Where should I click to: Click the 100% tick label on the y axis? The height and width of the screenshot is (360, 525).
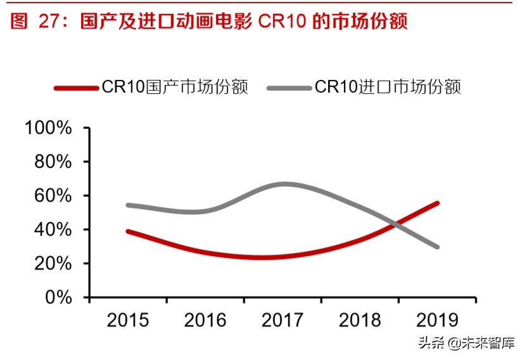[x=49, y=128]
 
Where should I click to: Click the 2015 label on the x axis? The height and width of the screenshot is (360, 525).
[x=128, y=320]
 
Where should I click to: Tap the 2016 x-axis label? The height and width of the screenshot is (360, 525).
[x=205, y=320]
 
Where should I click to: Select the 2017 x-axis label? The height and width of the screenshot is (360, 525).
[x=282, y=320]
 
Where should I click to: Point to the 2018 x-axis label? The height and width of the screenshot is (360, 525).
[x=360, y=320]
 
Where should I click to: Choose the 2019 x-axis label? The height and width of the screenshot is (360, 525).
[x=437, y=320]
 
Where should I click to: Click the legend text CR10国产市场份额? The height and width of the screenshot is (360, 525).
[x=174, y=87]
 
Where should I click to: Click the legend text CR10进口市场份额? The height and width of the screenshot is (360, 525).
[x=388, y=87]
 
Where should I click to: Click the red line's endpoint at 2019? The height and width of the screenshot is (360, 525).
[x=436, y=203]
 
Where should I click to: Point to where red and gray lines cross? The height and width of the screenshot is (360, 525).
[x=398, y=224]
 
